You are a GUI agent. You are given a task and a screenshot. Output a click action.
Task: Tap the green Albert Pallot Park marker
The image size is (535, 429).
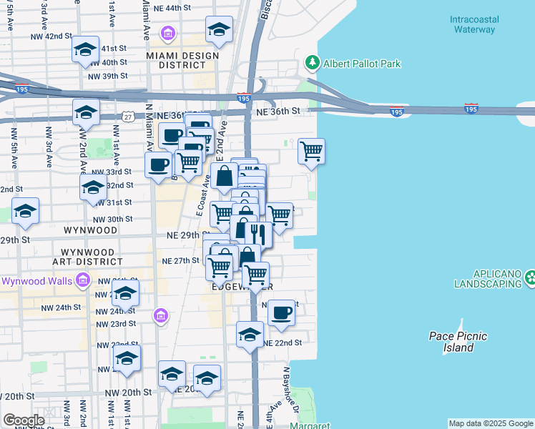click(312, 64)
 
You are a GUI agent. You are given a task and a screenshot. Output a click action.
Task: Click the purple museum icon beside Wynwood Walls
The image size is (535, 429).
click(83, 281)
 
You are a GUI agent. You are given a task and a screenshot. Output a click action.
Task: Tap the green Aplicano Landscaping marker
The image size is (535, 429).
click(530, 277)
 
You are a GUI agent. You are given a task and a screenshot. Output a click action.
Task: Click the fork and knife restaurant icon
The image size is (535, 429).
click(257, 233)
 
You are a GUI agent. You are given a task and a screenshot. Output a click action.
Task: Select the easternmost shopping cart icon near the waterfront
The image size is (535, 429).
click(311, 151)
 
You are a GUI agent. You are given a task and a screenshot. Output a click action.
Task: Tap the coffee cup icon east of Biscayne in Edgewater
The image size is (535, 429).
click(281, 312)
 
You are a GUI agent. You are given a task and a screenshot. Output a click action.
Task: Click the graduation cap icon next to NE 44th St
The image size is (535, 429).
click(219, 30)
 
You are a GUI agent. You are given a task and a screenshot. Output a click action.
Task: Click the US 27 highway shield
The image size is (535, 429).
click(127, 117)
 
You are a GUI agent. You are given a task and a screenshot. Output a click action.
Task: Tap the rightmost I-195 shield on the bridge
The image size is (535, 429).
click(471, 109)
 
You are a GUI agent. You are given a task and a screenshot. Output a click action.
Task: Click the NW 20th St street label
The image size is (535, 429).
click(128, 393)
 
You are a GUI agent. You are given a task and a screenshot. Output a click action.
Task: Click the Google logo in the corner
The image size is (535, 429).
click(24, 420)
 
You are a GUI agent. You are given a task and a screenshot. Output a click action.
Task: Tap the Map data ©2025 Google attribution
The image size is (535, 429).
click(490, 423)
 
